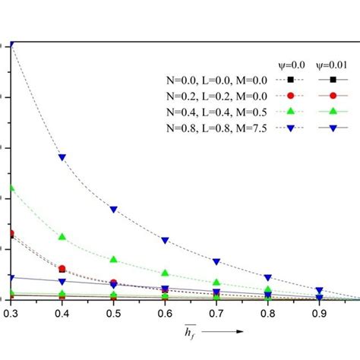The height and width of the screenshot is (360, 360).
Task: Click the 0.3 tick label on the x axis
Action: point(10,312)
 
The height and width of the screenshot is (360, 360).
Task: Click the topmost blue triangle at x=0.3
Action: point(11,45)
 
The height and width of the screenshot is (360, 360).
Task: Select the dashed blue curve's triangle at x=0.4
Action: point(62,157)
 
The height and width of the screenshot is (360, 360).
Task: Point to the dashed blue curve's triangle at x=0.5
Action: point(113,209)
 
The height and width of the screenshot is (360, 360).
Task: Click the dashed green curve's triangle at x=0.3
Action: point(11,188)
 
